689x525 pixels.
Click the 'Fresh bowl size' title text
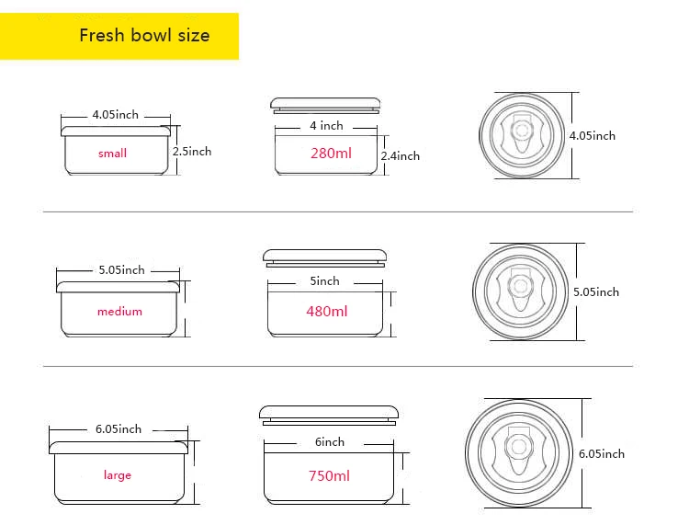[x=144, y=36]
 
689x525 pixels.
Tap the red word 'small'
[x=112, y=154]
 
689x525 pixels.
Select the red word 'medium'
[x=119, y=312]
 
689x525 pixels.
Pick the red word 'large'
[x=118, y=475]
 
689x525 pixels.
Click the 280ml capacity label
[x=331, y=154]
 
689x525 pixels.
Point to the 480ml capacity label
[x=327, y=312]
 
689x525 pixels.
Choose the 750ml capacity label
[x=329, y=476]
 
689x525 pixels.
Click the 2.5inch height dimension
[x=192, y=152]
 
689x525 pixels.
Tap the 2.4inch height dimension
[x=400, y=156]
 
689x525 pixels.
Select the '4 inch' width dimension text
[x=326, y=125]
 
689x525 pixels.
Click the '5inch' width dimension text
[x=324, y=281]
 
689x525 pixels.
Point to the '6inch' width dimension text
[x=329, y=442]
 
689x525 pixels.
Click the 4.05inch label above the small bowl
[x=115, y=115]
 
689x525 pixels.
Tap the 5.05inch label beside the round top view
[x=596, y=292]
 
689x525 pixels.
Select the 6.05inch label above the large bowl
[x=118, y=429]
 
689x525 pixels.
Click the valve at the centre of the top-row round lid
[x=521, y=136]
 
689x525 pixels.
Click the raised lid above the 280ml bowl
[x=325, y=102]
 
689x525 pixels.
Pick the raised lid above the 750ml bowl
[x=328, y=413]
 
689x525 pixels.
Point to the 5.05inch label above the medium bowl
[x=121, y=270]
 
